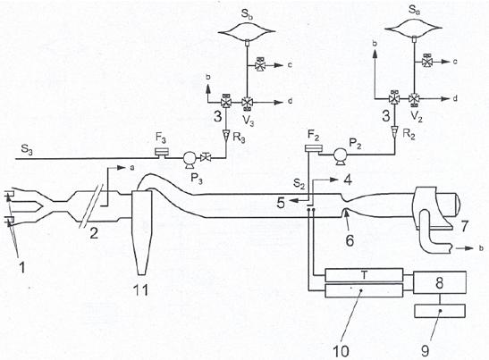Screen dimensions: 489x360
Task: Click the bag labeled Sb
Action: click(x=247, y=32)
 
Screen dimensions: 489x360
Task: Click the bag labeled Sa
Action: click(x=414, y=29)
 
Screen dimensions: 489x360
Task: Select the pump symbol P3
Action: click(x=189, y=159)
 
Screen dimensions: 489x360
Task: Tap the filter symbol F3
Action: click(x=162, y=152)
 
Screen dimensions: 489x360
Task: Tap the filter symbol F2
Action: click(x=312, y=149)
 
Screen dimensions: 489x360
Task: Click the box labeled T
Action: click(x=364, y=275)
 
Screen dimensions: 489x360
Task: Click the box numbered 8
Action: click(x=440, y=282)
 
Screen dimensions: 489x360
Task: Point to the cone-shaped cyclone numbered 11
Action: click(x=141, y=231)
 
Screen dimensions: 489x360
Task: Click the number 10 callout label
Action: click(x=341, y=351)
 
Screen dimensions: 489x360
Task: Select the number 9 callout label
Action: click(x=425, y=351)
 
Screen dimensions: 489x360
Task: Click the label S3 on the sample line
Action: click(x=27, y=149)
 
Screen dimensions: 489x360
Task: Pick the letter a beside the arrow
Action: click(x=132, y=168)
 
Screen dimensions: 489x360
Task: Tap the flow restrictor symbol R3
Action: click(x=225, y=135)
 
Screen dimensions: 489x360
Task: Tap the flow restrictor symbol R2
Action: click(x=394, y=130)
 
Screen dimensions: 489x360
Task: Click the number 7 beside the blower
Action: click(x=464, y=226)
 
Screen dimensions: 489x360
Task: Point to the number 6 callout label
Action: click(x=350, y=240)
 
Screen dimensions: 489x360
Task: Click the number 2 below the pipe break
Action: click(x=94, y=233)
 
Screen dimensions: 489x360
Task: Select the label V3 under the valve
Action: click(x=249, y=120)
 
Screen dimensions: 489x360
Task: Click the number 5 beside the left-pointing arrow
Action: click(x=281, y=203)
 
